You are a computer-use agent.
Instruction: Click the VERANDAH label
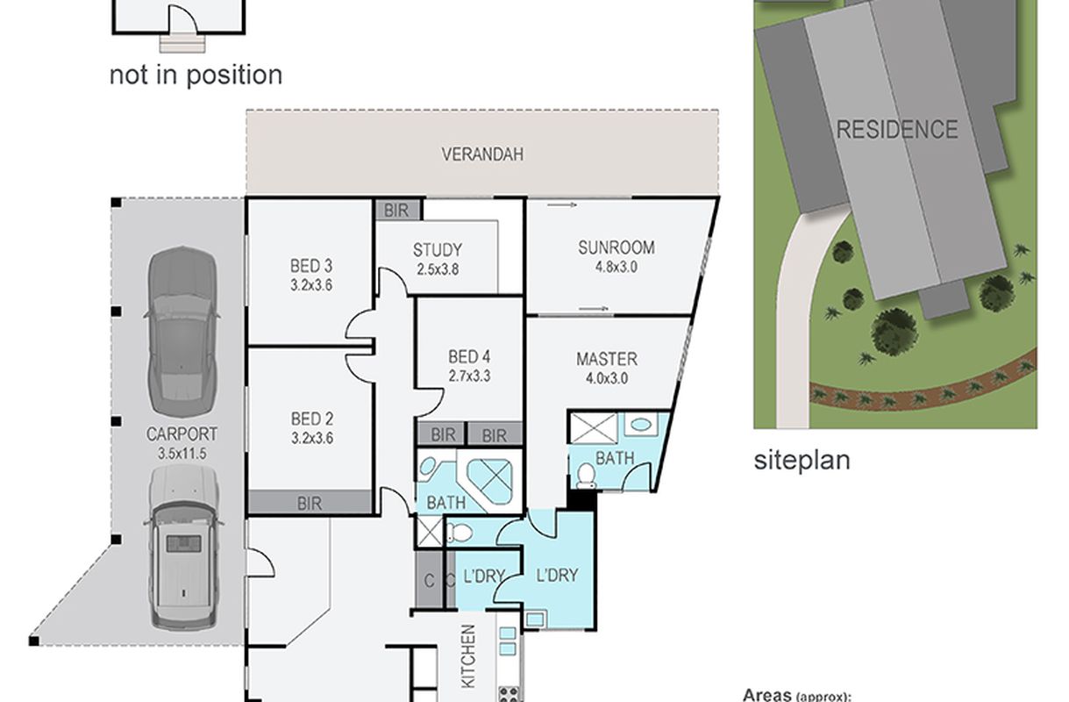pos(482,154)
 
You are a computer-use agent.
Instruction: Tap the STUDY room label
pos(437,250)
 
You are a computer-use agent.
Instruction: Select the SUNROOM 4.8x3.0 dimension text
pos(616,267)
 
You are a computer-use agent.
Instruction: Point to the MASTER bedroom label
pos(607,359)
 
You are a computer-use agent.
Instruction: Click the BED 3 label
pos(311,266)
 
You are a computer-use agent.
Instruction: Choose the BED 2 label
pos(312,419)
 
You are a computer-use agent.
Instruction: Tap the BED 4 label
pos(469,357)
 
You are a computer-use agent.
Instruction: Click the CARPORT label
pos(182,434)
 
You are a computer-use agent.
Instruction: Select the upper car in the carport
pos(182,332)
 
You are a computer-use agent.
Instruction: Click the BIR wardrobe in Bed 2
pos(310,503)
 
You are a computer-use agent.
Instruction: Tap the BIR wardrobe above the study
pos(397,210)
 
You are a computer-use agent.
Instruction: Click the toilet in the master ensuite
pos(586,476)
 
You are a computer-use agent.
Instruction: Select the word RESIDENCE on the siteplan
pos(897,129)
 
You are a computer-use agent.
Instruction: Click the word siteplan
pos(802,461)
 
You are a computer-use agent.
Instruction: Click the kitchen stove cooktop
pos(510,694)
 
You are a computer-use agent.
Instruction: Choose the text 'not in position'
pos(196,75)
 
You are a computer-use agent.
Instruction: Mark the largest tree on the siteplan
pos(894,332)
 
